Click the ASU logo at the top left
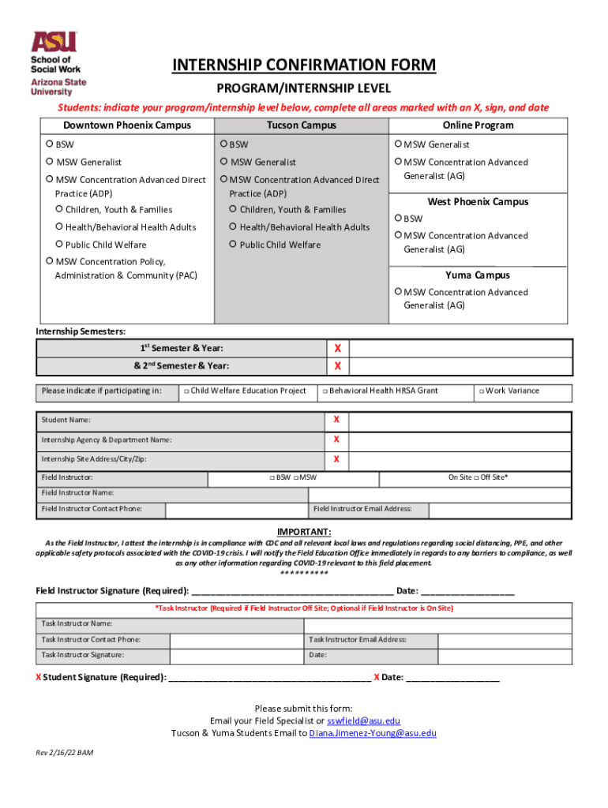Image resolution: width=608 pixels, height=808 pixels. coord(58,64)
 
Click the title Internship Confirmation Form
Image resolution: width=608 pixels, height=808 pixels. coord(304,65)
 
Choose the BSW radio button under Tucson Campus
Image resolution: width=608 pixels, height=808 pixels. coord(224,144)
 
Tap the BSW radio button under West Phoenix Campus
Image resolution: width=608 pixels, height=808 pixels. coord(398,219)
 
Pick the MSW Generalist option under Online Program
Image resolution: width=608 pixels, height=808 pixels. coord(398,144)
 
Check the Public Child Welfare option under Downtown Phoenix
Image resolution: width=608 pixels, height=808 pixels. coord(60,245)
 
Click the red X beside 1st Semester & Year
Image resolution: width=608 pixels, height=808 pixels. coord(337,349)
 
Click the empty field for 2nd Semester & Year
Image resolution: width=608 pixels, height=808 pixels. coord(460,366)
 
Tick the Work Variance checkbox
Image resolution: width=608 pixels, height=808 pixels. coord(481,391)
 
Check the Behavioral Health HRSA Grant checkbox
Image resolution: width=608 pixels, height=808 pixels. coord(325,391)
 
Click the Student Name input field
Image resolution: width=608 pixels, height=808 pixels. coord(460,420)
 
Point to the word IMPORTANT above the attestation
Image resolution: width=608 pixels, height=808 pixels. coord(304,532)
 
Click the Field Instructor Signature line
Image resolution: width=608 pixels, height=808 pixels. coord(292,591)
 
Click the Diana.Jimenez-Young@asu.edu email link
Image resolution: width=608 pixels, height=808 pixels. coord(373,733)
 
